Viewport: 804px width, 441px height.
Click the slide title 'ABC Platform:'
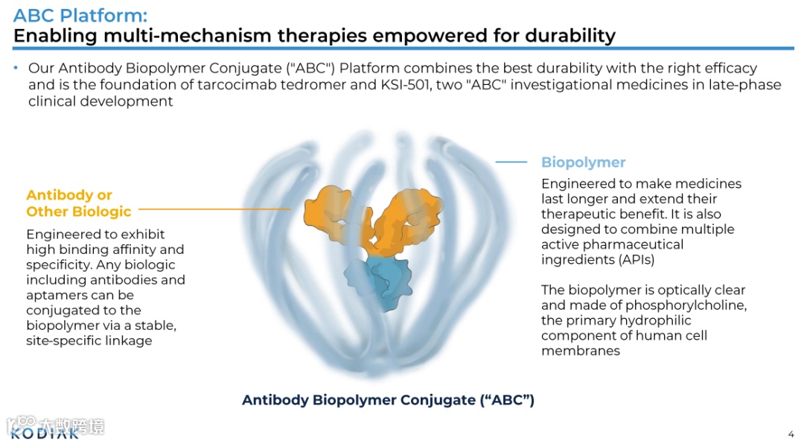click(x=80, y=16)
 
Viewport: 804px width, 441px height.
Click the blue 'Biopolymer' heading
click(x=583, y=162)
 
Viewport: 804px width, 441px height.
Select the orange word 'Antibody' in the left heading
click(x=59, y=195)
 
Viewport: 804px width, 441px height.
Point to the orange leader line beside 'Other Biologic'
click(x=214, y=210)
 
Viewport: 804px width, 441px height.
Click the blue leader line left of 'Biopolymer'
click(x=511, y=162)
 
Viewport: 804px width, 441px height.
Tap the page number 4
click(x=791, y=434)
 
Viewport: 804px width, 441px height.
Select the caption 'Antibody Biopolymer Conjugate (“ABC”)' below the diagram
click(x=388, y=400)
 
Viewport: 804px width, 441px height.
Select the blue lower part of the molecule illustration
click(x=380, y=282)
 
